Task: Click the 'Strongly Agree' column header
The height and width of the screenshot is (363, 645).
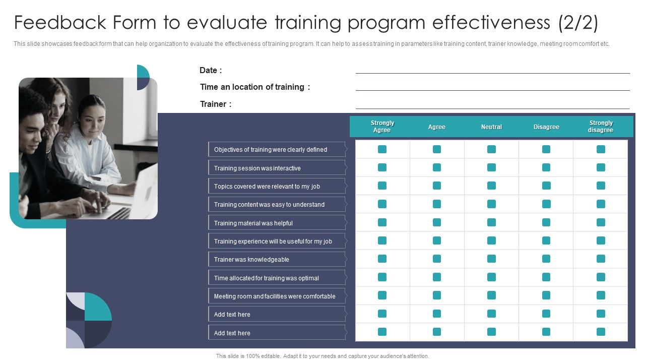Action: point(382,127)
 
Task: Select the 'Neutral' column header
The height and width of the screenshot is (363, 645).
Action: point(491,127)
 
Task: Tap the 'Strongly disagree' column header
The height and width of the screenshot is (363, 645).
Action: point(601,127)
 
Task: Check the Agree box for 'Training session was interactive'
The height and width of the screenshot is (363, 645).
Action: point(437,167)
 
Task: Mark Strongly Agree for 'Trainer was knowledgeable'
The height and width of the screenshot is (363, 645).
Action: point(382,259)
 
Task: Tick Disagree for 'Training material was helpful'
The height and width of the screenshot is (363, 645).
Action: point(546,222)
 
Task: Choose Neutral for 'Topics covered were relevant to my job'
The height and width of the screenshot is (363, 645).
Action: point(491,186)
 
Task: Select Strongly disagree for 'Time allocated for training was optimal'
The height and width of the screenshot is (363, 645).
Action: point(601,277)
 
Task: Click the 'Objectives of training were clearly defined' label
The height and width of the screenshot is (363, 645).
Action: point(271,150)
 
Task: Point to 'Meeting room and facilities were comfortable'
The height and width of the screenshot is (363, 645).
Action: point(275,296)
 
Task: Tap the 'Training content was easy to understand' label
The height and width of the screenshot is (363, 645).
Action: point(269,205)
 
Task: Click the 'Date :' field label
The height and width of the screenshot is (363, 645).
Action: point(211,71)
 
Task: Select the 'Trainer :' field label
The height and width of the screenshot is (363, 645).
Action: point(216,104)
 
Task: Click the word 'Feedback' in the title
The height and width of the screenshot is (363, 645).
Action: point(60,23)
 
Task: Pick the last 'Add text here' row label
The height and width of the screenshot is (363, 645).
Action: point(232,333)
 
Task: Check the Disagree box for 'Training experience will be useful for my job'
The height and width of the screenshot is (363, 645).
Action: point(546,241)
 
